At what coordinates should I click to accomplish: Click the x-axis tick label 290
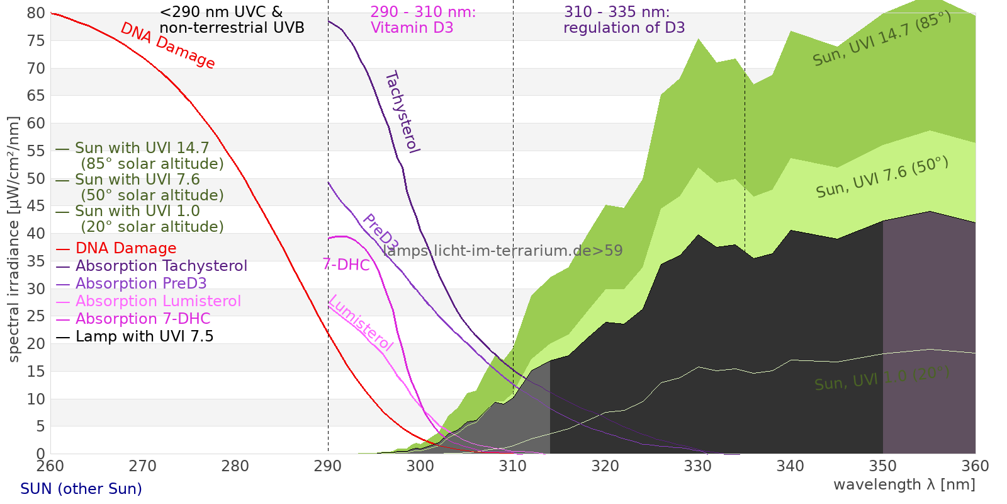(328, 466)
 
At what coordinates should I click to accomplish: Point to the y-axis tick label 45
(36, 206)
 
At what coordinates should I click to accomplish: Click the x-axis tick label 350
(883, 466)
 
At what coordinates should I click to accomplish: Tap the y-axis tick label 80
(36, 13)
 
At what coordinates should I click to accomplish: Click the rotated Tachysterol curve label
(402, 112)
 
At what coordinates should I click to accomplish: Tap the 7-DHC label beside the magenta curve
(346, 265)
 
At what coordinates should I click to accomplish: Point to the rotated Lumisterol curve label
(361, 323)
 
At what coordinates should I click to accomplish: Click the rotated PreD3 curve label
(380, 232)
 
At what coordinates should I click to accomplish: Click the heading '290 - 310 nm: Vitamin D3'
(422, 20)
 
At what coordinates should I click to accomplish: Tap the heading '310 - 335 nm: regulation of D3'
(624, 20)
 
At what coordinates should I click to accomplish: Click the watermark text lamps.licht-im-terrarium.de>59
(502, 251)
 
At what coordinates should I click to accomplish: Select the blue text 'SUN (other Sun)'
(81, 489)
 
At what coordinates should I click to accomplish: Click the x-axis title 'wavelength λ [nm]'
(904, 484)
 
